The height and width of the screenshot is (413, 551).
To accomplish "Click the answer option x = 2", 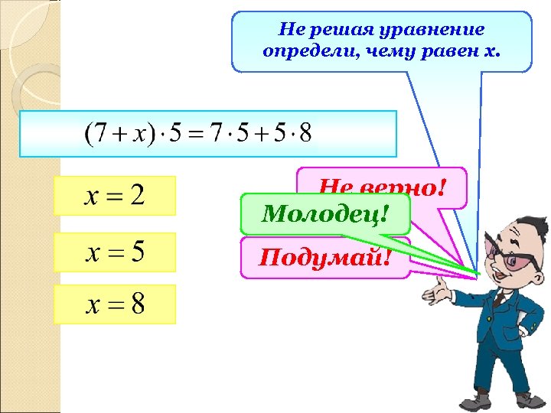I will tap(115, 196).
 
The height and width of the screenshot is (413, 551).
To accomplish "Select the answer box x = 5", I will tap(115, 252).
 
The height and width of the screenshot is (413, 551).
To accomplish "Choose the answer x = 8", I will tap(115, 304).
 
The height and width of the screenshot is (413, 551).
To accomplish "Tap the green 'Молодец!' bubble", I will tap(324, 214).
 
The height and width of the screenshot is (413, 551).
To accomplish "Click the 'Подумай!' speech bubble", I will tap(324, 257).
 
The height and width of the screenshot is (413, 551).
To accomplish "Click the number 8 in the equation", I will tap(305, 134).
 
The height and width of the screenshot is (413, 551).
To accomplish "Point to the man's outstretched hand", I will tap(448, 289).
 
